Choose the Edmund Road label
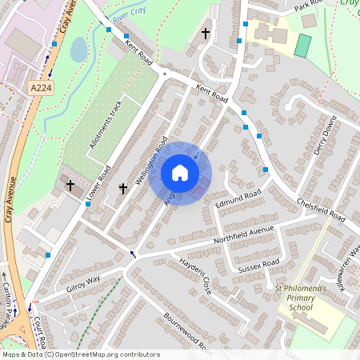click(x=238, y=200)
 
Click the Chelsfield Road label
click(x=320, y=206)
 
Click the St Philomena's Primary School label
click(x=300, y=296)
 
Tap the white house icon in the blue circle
click(x=180, y=174)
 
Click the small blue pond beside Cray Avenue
click(x=78, y=50)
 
